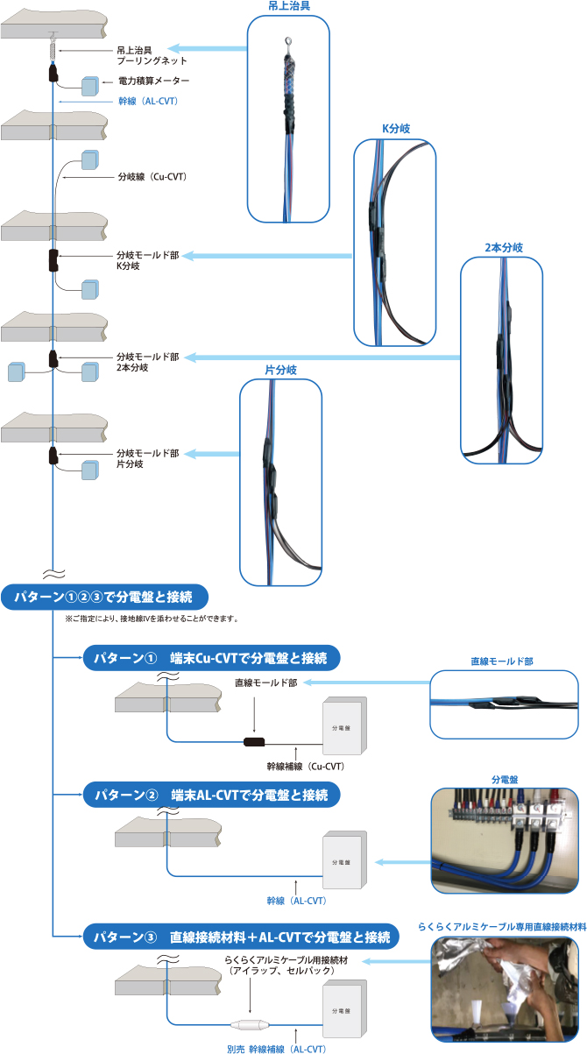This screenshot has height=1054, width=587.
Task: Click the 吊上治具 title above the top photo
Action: (289, 6)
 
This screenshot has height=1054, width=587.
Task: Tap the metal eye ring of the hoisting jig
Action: (288, 43)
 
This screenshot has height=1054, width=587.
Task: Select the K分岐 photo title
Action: (395, 129)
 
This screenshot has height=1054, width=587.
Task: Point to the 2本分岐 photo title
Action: (504, 247)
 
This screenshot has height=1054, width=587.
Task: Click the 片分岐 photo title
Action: (281, 370)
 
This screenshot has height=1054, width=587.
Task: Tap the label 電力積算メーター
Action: (153, 81)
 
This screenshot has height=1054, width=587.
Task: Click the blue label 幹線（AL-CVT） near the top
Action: (148, 101)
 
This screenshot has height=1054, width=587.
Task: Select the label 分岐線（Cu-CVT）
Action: (152, 177)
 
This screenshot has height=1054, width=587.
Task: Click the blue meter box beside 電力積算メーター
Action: (90, 86)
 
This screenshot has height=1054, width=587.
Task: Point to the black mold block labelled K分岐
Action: (53, 261)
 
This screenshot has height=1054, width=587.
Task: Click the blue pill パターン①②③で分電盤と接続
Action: (104, 598)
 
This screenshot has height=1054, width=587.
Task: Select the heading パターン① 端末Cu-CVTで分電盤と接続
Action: (211, 658)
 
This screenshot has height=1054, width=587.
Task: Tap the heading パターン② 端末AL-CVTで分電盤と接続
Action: (211, 795)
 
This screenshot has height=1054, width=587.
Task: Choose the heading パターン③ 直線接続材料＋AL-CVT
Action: (241, 937)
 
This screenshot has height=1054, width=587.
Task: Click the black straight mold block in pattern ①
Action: (254, 742)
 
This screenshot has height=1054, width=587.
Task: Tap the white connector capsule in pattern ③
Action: (250, 1024)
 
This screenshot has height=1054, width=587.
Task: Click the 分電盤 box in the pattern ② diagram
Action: (344, 860)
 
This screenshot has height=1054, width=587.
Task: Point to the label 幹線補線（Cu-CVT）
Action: (306, 767)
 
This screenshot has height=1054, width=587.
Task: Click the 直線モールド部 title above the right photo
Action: (502, 661)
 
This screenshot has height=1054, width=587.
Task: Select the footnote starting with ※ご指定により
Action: (152, 619)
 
